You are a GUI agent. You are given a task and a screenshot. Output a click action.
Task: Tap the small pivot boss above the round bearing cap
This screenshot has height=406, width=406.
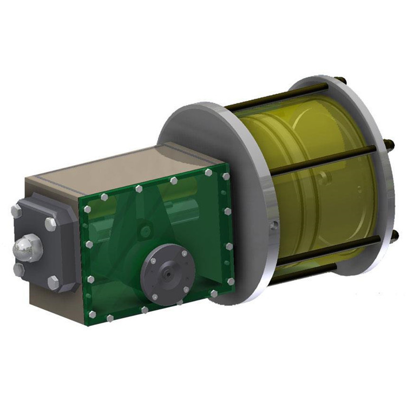[x=144, y=231]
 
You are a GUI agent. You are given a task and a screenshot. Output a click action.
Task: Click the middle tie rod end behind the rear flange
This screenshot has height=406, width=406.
[x=389, y=145]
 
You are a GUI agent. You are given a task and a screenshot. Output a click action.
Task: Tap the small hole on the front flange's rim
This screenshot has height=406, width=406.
[x=274, y=224]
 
